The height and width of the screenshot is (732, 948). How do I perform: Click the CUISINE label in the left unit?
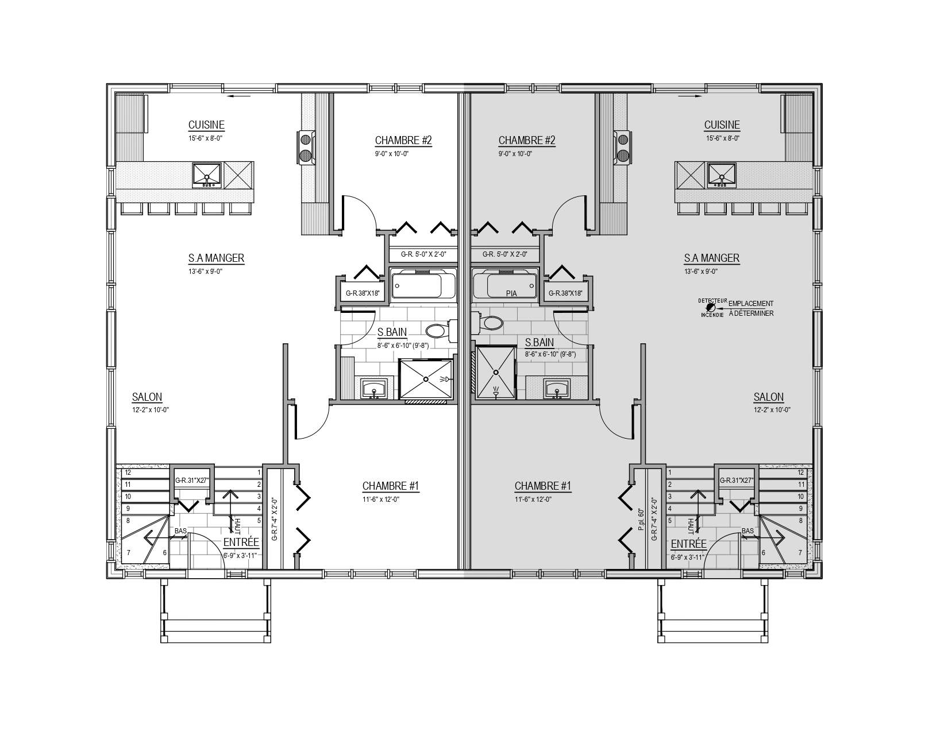coord(206,125)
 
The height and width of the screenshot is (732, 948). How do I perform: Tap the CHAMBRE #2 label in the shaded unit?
coord(526,141)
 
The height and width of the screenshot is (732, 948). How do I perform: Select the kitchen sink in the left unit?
coord(207,175)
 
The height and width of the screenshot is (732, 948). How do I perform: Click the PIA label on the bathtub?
coord(511,294)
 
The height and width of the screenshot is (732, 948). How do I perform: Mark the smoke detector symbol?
coord(711,307)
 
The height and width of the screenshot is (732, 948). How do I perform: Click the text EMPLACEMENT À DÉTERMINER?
coord(751,308)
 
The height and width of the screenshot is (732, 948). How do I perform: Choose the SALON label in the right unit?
coord(768,397)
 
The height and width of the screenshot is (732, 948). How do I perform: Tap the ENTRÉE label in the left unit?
coord(241,543)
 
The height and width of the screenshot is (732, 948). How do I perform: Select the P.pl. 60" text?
coord(641,520)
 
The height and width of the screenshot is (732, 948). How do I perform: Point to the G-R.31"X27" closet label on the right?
coord(737,481)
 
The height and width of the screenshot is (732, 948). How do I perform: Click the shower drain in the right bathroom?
coord(496,372)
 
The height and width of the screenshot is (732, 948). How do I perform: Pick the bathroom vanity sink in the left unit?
coord(374,388)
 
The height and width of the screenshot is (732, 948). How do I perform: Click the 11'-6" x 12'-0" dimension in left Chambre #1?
coord(380,499)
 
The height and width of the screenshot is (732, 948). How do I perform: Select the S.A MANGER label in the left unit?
coord(216,258)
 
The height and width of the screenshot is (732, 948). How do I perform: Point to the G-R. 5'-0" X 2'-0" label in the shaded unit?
coord(505,254)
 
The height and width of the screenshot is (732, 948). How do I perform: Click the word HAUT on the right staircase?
coord(691,526)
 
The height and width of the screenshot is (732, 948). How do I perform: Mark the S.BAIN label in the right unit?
coord(539,342)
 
